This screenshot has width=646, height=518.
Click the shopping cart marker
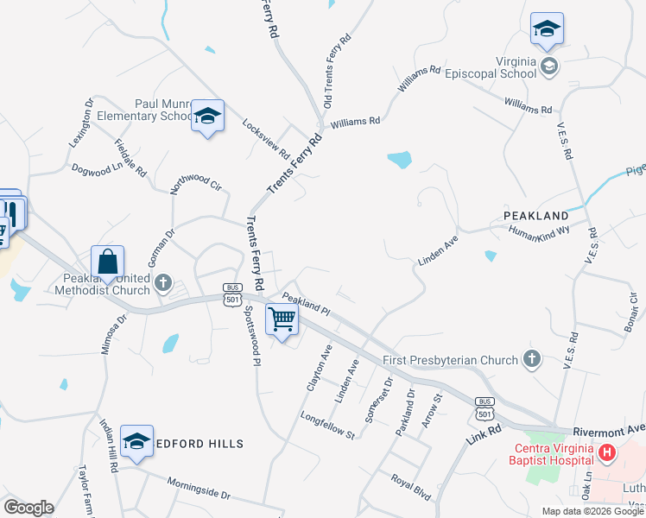282,319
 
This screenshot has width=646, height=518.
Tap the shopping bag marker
107,262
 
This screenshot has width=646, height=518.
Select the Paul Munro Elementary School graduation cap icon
207,117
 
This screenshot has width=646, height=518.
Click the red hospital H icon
607,452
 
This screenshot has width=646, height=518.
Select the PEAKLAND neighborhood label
536,215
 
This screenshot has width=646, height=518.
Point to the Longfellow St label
327,426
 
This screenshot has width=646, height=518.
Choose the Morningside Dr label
199,490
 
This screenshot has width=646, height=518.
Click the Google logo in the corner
28,508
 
